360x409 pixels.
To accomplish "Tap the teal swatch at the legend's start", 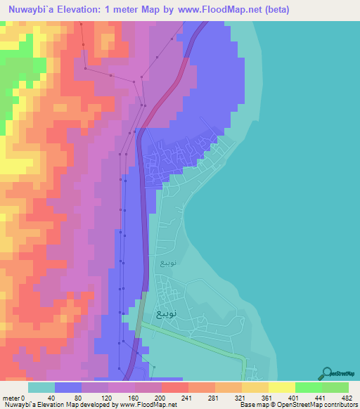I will (x=41, y=387).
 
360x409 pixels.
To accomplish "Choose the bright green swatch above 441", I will (x=309, y=387).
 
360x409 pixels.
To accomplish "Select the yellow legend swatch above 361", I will (x=255, y=387).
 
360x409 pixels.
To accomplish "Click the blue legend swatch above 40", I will (x=68, y=387).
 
